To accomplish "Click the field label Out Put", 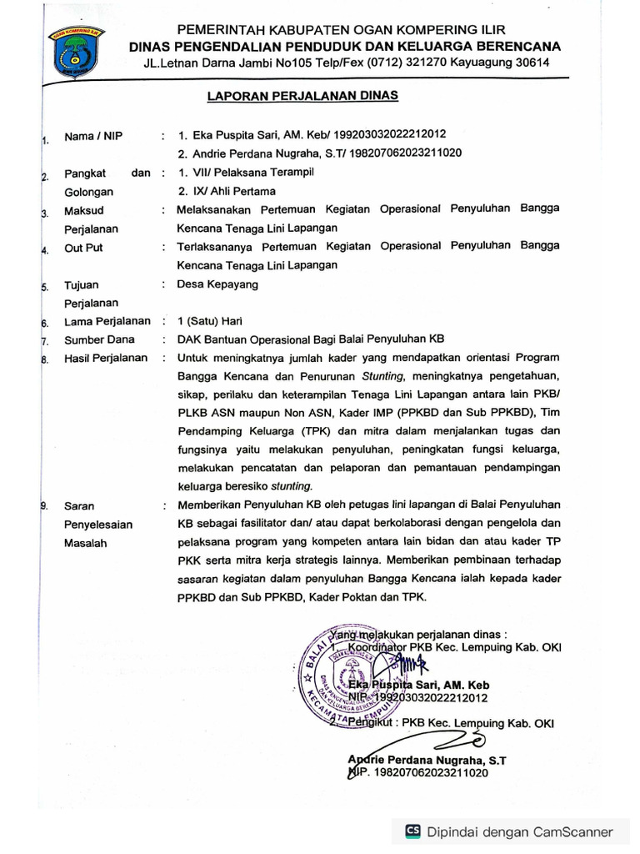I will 83,248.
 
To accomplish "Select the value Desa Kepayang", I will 217,284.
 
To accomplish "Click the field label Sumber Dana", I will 97,339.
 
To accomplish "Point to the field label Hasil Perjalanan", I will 106,358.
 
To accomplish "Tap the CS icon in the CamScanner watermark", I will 412,831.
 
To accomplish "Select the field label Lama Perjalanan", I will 107,320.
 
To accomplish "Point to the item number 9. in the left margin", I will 44,505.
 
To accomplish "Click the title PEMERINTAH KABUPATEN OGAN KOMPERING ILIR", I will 345,28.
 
